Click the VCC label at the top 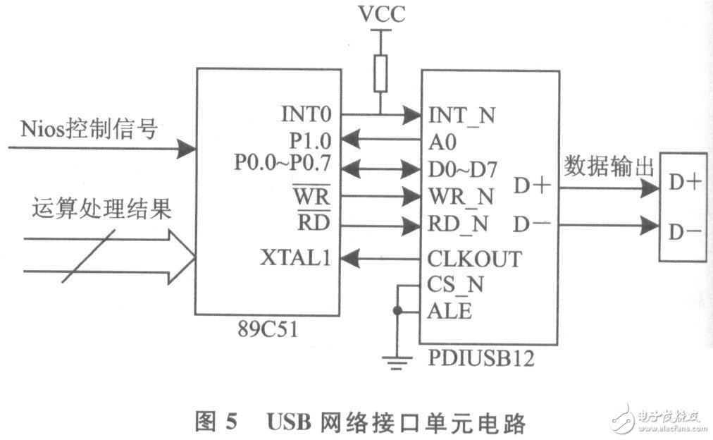coord(381,15)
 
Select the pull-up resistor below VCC coord(381,74)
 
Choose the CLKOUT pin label coord(473,259)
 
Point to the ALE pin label coord(449,310)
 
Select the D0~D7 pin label coord(463,168)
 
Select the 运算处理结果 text coord(101,211)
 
